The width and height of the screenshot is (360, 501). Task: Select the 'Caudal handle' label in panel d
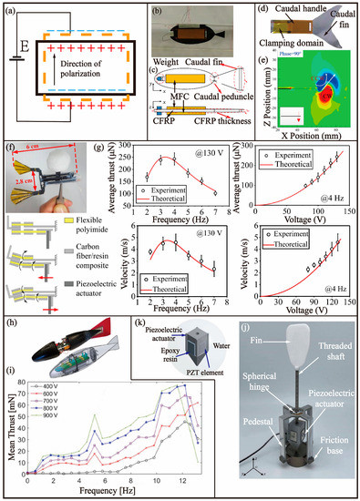click(299, 14)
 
